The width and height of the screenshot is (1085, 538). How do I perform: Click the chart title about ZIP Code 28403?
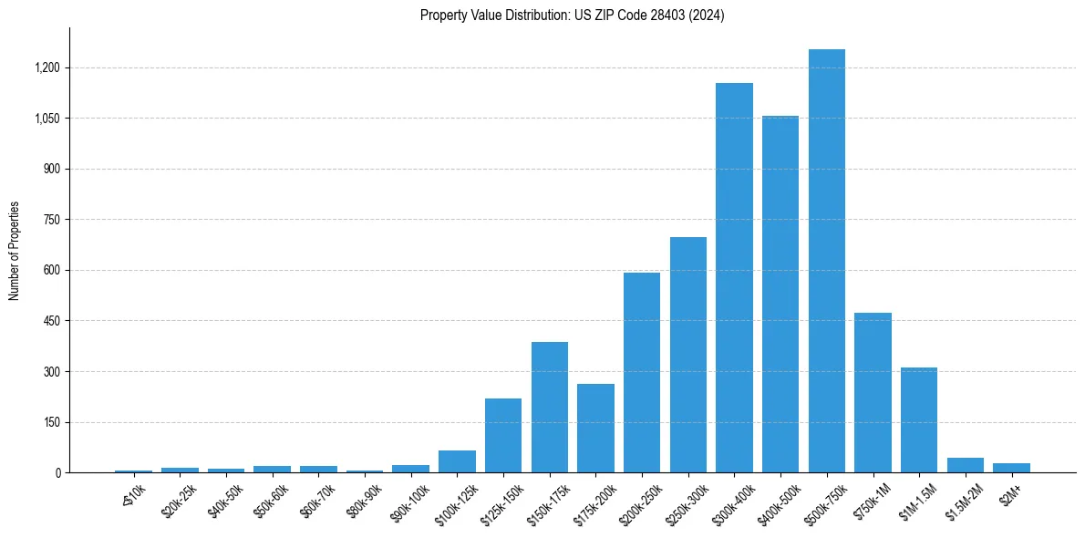[x=572, y=16]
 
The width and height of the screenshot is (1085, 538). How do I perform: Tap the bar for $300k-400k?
[x=734, y=277]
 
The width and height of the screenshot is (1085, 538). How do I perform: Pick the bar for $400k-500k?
[x=780, y=294]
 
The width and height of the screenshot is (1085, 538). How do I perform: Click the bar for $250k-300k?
[x=688, y=355]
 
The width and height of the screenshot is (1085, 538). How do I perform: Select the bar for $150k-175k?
[x=550, y=407]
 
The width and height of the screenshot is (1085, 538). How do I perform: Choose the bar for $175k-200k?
[x=595, y=428]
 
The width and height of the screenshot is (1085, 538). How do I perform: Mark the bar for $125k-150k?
[x=503, y=435]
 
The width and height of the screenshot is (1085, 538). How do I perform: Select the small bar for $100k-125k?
[x=457, y=461]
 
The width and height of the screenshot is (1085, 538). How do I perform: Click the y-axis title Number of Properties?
[x=15, y=251]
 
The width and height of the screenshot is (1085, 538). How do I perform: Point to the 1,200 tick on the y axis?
[x=46, y=67]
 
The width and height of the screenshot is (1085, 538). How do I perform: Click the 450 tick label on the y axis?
[x=50, y=321]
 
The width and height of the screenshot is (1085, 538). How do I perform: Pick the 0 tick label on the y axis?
[x=58, y=473]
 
